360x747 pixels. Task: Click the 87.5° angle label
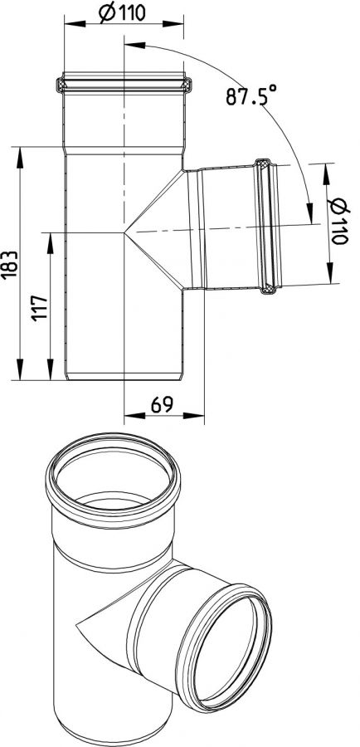click(x=251, y=95)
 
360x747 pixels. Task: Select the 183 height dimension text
click(x=11, y=265)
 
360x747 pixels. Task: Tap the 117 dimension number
click(x=41, y=308)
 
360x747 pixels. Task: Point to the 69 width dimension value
click(x=162, y=405)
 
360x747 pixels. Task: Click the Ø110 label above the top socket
click(x=123, y=12)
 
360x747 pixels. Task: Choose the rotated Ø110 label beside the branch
click(x=338, y=221)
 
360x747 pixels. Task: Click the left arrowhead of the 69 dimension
click(x=134, y=416)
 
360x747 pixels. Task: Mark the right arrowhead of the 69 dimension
click(x=194, y=416)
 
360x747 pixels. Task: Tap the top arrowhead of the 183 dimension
click(x=20, y=158)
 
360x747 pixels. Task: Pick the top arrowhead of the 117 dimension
click(x=50, y=243)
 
